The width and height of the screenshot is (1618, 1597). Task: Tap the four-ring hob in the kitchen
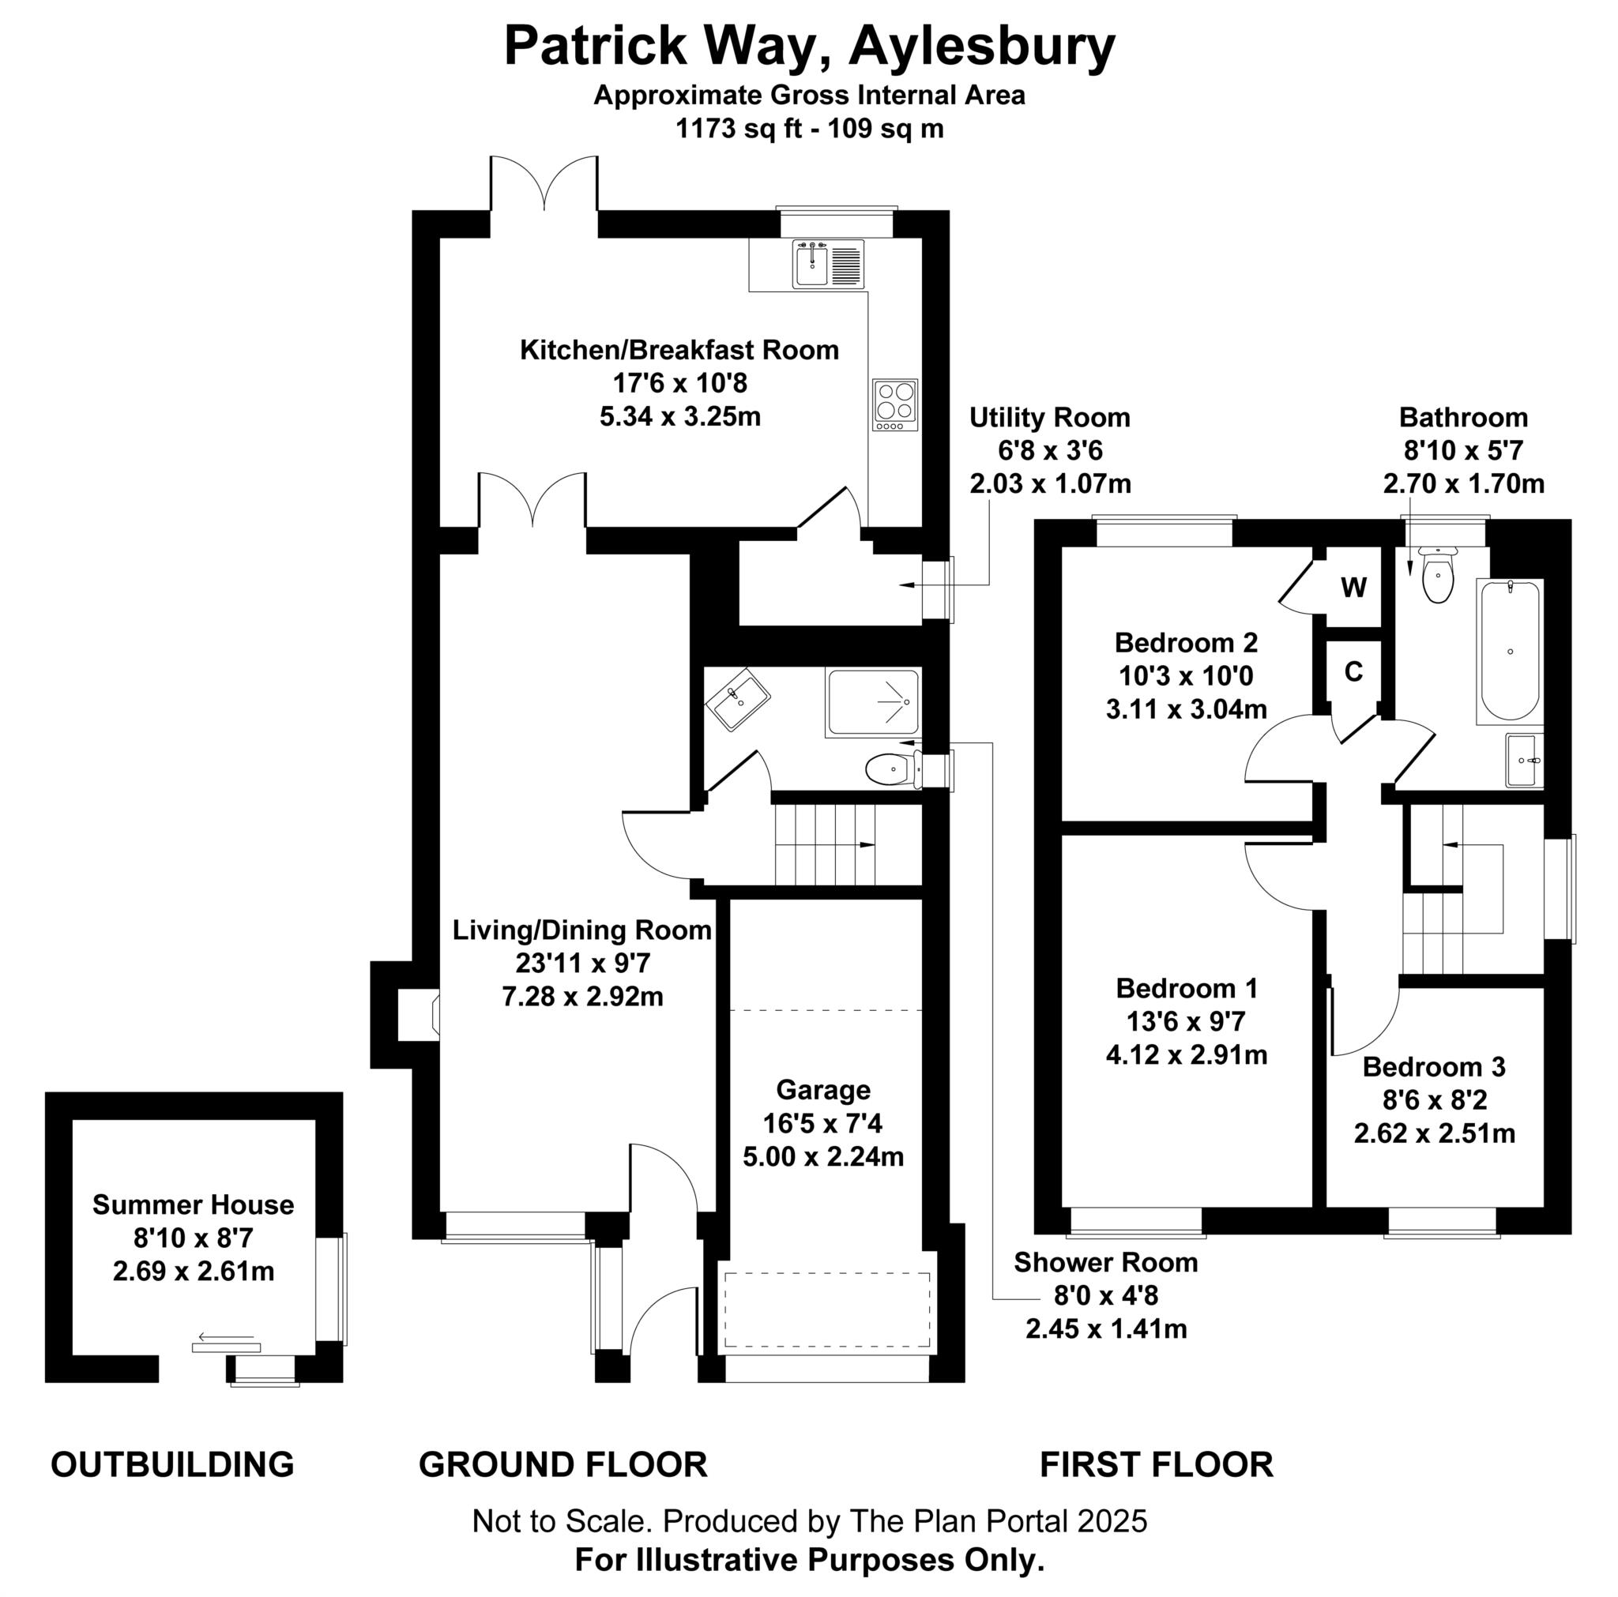(894, 404)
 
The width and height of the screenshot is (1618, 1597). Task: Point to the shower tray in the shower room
(873, 702)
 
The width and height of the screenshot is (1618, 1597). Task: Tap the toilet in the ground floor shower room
(890, 769)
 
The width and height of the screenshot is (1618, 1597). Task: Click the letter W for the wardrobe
(1353, 587)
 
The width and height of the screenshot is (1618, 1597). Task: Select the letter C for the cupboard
(1353, 671)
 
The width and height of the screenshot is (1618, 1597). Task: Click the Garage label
(822, 1089)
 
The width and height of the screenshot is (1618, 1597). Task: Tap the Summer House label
(193, 1204)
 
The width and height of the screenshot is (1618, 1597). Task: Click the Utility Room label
(1049, 417)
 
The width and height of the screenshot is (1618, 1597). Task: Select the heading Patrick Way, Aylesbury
(809, 46)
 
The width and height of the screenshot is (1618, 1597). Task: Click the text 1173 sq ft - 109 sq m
(809, 129)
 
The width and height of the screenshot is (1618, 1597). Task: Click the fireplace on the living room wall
(417, 1015)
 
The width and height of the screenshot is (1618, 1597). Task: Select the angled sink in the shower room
(737, 698)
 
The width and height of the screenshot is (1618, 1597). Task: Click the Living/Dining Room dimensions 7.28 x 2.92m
(582, 997)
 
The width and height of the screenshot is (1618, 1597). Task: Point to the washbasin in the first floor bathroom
(1522, 761)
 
